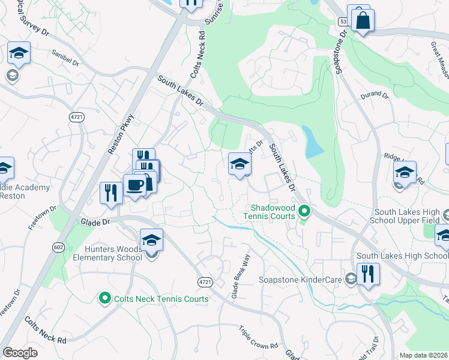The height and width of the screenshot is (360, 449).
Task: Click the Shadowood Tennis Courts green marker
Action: point(304,211)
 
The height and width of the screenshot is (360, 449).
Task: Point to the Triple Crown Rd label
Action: point(258,338)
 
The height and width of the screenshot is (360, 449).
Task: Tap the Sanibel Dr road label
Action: point(65,59)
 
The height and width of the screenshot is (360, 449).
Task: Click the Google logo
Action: point(20,353)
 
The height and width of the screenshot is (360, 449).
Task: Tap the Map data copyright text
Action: point(423,355)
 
